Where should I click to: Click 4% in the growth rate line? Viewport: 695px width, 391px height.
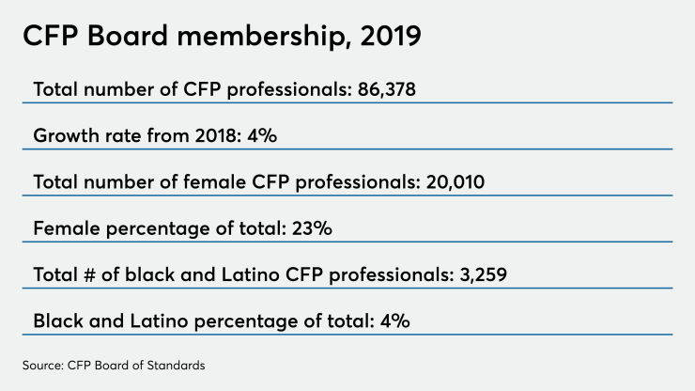pos(262,135)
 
